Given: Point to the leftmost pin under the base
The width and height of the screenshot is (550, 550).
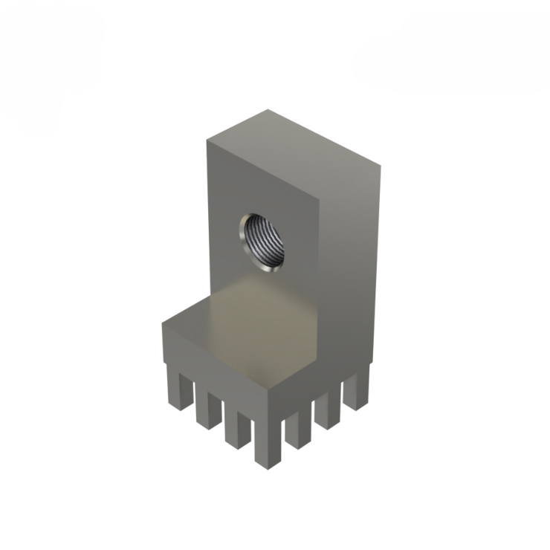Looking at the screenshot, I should point(179,390).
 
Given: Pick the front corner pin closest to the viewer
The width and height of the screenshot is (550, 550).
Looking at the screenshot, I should point(266,443).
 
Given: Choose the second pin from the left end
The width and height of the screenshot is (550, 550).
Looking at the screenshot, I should point(208,409).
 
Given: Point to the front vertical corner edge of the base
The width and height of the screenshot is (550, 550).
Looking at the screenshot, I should point(266,405).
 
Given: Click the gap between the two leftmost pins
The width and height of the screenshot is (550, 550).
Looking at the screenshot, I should point(192,398).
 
